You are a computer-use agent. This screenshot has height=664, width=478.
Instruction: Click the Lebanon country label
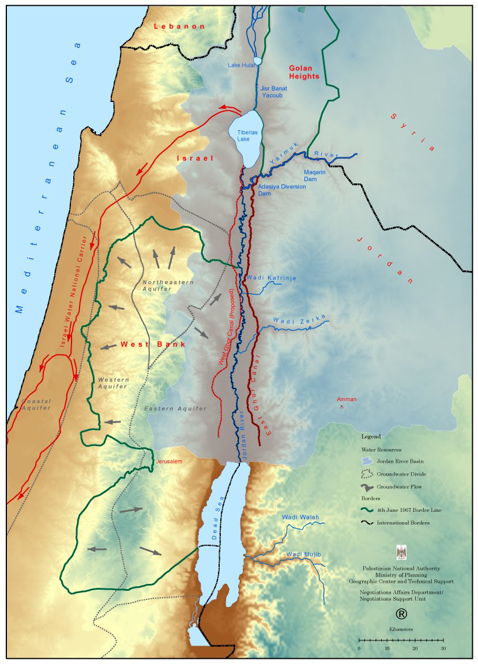point(179,27)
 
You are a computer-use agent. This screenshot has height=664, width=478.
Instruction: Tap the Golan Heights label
point(304,72)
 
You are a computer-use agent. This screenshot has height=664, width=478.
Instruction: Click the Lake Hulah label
point(242,65)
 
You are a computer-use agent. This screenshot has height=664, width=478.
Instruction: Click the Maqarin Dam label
point(315,175)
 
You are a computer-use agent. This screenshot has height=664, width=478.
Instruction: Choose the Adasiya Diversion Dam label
point(282,190)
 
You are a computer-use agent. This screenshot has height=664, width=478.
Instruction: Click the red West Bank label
point(152,344)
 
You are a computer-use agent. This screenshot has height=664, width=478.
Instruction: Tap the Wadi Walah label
point(300,517)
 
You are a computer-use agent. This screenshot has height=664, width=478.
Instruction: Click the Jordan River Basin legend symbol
point(366,461)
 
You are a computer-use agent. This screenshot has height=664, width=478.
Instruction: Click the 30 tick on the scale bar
point(443,640)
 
